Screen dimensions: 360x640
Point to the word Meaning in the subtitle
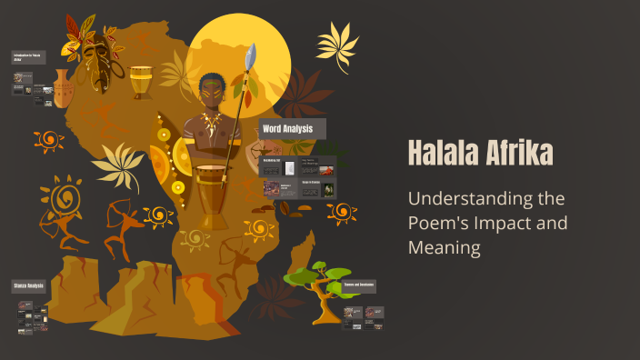[444, 246]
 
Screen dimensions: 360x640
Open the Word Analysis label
[288, 129]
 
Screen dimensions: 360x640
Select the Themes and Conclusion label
[359, 285]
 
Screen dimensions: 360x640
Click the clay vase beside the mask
[62, 88]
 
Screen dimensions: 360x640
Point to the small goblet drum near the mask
[141, 82]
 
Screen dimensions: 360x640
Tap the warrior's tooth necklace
[211, 123]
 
